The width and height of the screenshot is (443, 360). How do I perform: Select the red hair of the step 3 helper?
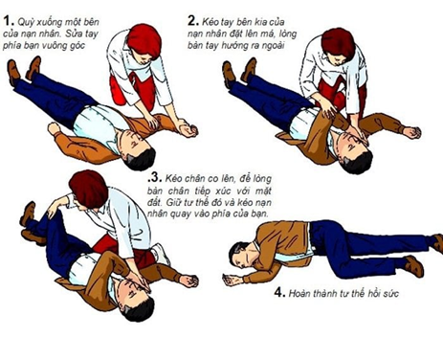pyautogui.click(x=89, y=184)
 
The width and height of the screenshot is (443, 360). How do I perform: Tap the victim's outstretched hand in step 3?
pyautogui.click(x=188, y=281)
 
